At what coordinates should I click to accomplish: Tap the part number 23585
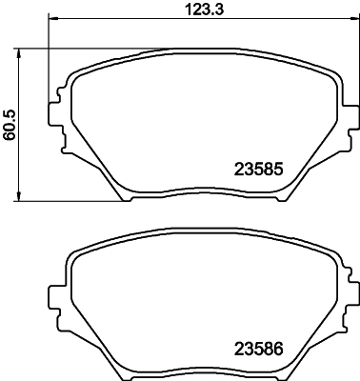click(x=260, y=172)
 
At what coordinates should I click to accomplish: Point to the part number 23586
click(x=260, y=350)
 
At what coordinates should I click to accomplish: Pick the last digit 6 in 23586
click(x=281, y=350)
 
